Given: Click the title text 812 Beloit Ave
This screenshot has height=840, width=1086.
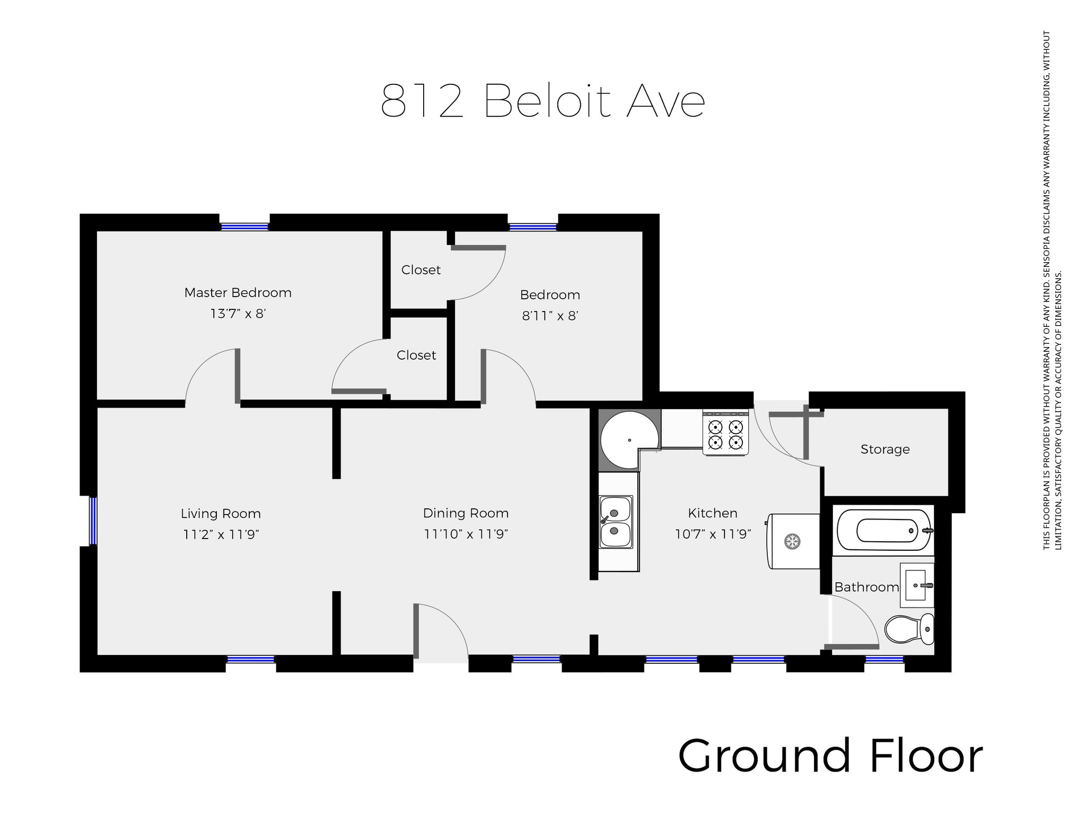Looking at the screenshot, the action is click(542, 100).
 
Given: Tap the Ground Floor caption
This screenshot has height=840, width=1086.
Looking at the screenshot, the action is click(830, 756).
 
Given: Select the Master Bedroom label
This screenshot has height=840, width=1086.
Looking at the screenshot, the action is click(238, 292).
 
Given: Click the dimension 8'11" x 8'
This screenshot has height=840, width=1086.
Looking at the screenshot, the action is click(550, 316).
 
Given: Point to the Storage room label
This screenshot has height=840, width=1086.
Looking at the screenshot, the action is click(885, 449).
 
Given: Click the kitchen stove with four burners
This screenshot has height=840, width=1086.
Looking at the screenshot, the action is click(725, 432).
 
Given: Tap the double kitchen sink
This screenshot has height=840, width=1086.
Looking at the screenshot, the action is click(616, 522).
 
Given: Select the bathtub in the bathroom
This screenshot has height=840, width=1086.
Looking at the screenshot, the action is click(883, 530).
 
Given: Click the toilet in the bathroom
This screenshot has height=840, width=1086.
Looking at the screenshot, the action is click(909, 629).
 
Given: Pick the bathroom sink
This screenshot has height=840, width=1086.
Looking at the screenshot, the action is click(917, 585).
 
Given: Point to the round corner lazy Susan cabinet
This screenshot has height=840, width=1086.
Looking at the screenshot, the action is click(629, 440).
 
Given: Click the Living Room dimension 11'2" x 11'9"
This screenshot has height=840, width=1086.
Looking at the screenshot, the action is click(221, 534).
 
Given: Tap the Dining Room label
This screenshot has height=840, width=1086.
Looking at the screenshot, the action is click(466, 513).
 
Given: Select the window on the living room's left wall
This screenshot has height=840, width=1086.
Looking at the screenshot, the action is click(93, 521).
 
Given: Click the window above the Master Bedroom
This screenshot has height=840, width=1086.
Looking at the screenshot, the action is click(244, 227).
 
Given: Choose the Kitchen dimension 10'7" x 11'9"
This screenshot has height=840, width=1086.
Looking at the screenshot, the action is click(713, 534).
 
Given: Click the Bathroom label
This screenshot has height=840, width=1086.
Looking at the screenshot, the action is click(866, 587).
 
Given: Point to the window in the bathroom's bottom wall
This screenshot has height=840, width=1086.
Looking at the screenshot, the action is click(884, 660).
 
